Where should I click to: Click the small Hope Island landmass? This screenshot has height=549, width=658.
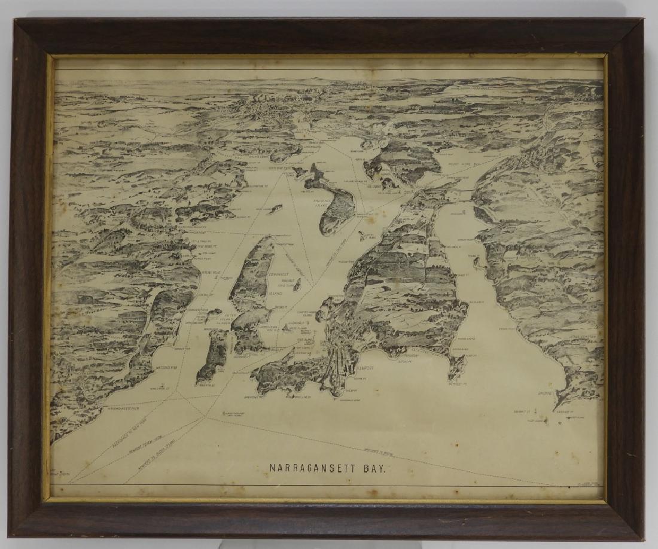coord(275,209)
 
